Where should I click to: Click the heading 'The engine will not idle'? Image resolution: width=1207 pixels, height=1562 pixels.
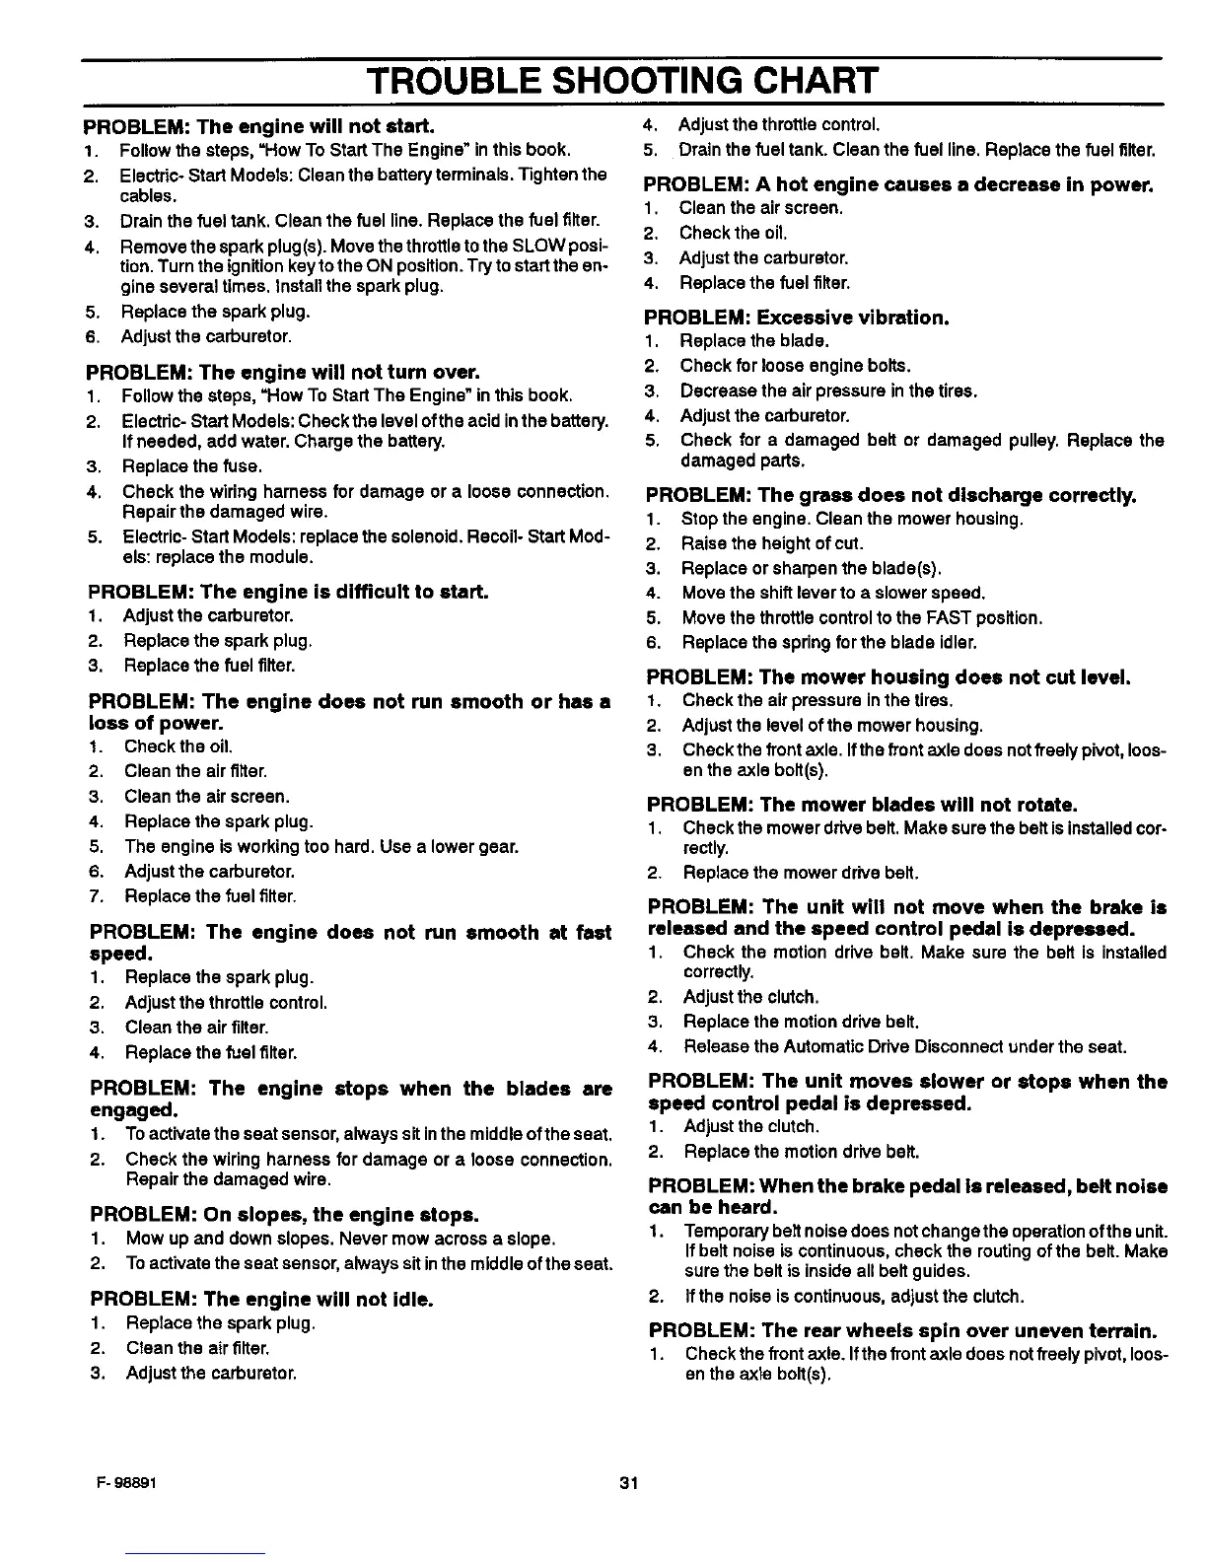coord(261,1299)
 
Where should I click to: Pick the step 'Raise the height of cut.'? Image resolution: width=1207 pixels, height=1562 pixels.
coord(771,543)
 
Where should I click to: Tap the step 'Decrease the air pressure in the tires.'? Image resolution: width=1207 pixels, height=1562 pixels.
coord(828,390)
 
